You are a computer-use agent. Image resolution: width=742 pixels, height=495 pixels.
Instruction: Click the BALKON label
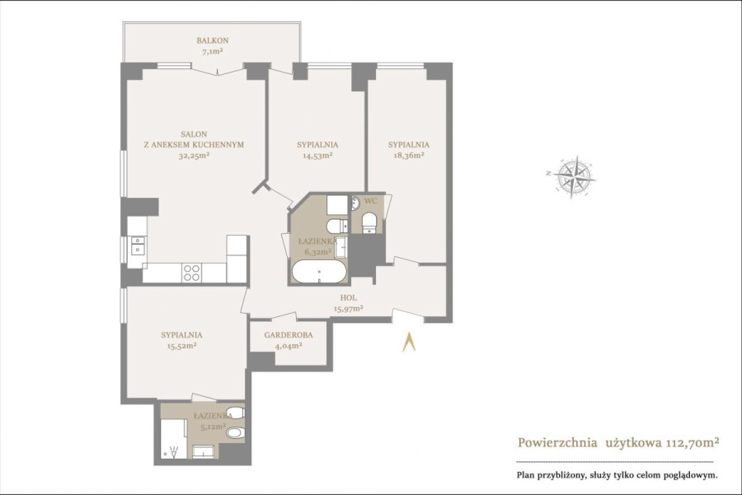point(213,40)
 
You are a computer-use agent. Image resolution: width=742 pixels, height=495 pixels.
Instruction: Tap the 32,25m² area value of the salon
point(195,155)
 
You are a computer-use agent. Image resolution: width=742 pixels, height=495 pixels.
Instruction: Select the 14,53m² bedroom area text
point(317,155)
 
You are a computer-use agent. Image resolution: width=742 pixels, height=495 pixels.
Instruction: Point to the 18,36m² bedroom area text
point(408,155)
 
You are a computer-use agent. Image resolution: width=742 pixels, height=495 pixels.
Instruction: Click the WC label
point(371,202)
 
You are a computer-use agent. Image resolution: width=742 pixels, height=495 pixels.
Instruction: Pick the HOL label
point(348,298)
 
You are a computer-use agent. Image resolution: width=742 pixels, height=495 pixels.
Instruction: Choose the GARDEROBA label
point(289,335)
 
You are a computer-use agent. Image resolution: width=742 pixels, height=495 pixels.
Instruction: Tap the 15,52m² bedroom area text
point(181,346)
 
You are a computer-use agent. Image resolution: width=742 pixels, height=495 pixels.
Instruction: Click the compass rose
point(571,176)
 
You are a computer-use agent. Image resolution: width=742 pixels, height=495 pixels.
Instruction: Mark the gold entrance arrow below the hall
point(409,342)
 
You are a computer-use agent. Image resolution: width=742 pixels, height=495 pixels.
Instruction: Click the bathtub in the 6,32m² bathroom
point(319,272)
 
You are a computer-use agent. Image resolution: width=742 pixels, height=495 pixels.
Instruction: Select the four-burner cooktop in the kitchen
point(191,273)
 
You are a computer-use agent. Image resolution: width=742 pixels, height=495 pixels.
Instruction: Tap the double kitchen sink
point(138,245)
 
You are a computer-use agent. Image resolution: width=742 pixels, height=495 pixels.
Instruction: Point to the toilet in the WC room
point(369,222)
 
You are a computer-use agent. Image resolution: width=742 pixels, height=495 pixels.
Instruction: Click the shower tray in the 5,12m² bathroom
point(172,438)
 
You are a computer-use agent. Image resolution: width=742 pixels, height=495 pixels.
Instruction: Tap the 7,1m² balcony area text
point(213,52)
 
